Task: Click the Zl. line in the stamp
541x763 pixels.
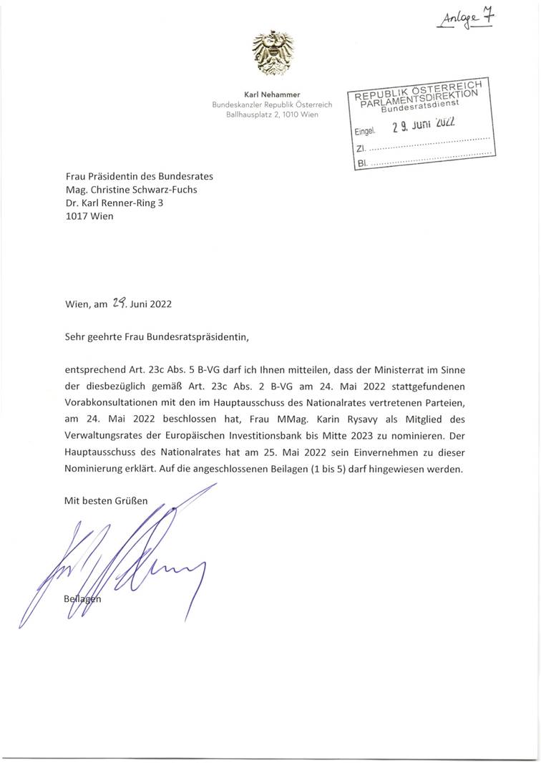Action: click(422, 148)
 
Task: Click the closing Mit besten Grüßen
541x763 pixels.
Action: click(106, 501)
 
